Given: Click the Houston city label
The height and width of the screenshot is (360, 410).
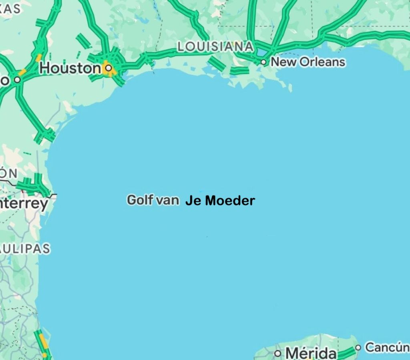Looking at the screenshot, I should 70,68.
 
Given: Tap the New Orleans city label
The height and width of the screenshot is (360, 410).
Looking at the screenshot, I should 307,62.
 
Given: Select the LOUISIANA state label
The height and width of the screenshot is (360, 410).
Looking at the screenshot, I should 215,46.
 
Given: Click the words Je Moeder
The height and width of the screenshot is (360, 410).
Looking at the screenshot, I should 220,201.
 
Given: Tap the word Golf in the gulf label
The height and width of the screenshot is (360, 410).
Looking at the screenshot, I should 140,200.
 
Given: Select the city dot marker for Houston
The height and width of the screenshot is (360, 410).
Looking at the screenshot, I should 108,68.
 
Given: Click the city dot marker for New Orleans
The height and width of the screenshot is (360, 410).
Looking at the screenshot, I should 263,62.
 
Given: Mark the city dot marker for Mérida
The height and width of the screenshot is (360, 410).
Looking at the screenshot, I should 277,354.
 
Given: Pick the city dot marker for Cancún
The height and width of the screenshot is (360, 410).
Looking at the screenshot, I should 358,348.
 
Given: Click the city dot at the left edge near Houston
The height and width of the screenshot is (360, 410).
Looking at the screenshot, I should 17,80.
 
